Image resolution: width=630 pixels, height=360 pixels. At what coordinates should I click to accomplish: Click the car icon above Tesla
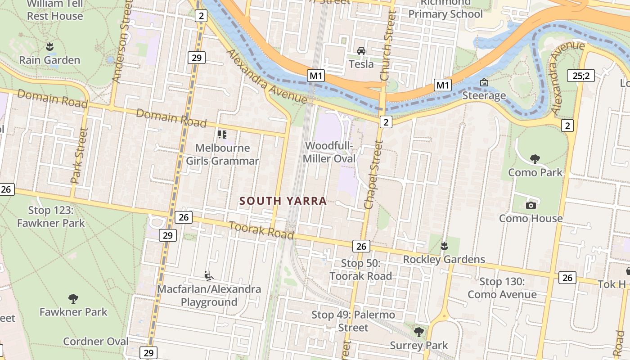[x=361, y=50]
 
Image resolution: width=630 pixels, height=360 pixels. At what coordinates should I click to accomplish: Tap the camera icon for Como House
[x=531, y=205]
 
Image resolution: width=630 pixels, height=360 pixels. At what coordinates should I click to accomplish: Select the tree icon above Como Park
[x=535, y=159]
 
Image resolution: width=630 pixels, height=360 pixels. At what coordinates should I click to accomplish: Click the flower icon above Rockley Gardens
[x=444, y=246]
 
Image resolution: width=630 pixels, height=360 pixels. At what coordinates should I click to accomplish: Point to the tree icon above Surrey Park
[x=419, y=332]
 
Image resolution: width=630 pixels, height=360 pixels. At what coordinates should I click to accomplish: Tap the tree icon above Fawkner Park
[x=73, y=298]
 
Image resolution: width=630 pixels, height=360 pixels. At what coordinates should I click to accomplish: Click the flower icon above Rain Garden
[x=49, y=46]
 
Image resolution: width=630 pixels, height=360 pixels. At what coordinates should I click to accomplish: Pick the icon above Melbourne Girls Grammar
[x=222, y=134]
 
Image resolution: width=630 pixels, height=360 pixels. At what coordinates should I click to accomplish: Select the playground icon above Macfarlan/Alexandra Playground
[x=208, y=275]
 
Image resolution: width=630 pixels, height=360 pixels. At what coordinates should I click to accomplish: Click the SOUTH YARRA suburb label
[x=283, y=201]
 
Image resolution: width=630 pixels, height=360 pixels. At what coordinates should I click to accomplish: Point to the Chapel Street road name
[x=374, y=175]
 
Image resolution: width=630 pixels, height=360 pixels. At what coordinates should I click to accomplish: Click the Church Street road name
[x=388, y=46]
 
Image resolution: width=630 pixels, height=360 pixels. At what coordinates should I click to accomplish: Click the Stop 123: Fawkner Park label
[x=50, y=216]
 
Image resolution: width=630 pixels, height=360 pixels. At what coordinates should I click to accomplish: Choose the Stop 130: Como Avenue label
[x=502, y=288]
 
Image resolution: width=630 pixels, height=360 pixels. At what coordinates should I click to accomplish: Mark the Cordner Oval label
[x=95, y=342]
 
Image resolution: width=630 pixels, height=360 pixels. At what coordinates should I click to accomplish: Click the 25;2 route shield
[x=580, y=76]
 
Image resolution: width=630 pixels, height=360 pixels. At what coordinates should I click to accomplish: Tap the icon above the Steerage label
[x=484, y=82]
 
